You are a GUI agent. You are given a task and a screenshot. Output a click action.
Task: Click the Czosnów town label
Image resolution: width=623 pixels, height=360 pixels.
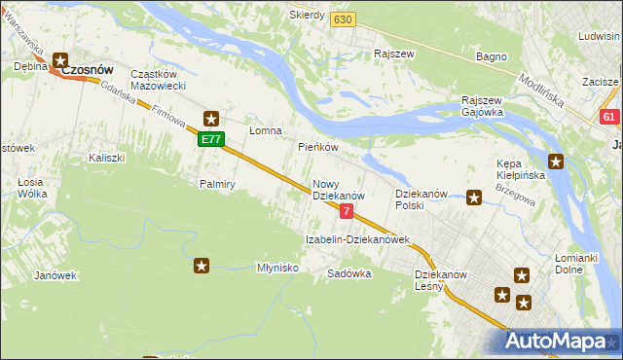click(x=89, y=71)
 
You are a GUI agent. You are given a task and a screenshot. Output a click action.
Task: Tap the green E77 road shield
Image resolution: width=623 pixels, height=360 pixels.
click(x=211, y=140)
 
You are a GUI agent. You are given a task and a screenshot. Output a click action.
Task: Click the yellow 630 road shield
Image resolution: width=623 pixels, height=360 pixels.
click(x=342, y=18)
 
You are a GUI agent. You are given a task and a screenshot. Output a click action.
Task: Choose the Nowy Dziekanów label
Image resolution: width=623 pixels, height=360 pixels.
click(x=338, y=190)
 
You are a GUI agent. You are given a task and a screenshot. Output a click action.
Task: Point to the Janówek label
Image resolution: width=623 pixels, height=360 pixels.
click(x=55, y=275)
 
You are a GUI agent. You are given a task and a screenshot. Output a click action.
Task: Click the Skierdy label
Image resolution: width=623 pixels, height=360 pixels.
click(x=307, y=16)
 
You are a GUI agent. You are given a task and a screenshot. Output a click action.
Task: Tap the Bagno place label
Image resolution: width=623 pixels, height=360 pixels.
click(x=491, y=56)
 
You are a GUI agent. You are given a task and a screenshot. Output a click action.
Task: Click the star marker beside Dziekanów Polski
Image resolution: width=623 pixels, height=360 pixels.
click(x=474, y=198)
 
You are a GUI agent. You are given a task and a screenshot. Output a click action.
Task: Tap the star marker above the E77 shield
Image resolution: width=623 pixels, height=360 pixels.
click(x=211, y=120)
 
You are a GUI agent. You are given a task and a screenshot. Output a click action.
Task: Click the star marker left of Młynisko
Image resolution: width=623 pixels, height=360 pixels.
click(x=202, y=265)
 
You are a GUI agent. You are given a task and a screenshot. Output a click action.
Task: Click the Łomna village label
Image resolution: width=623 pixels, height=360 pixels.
click(x=265, y=130)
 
